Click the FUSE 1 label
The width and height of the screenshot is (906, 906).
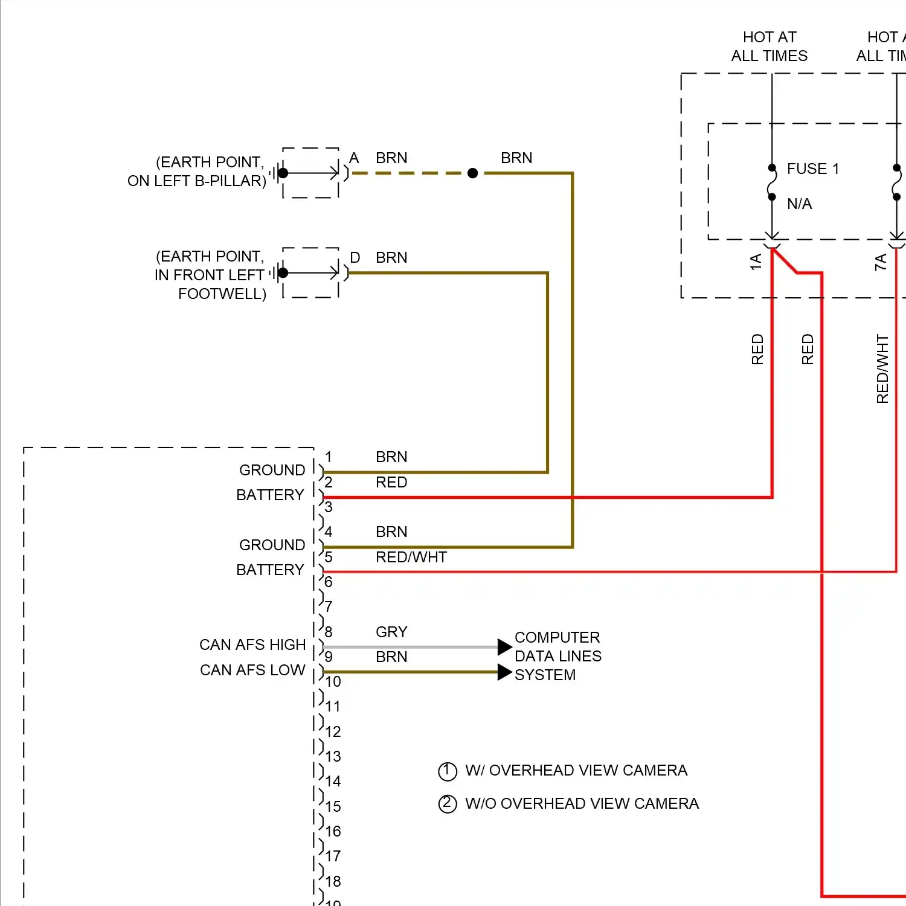coord(813,169)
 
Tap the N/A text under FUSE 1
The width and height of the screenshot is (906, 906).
coord(800,204)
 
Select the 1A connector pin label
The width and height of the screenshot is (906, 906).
coord(755,262)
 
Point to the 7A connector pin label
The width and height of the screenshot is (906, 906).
coord(881,262)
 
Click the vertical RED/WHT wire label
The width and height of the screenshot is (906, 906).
coord(882,369)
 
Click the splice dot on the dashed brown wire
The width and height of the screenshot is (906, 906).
coord(473,173)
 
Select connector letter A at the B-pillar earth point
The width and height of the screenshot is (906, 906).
coord(355,158)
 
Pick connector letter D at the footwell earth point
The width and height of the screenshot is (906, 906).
coord(355,258)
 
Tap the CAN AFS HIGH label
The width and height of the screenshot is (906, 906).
coord(252,645)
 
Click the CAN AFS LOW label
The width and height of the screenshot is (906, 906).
coord(252,670)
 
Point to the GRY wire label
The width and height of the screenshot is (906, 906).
coord(391,632)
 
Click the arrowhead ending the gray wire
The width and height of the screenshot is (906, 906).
coord(505,647)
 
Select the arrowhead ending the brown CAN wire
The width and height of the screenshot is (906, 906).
coord(505,672)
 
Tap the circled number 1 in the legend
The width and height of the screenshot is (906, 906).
coord(448,771)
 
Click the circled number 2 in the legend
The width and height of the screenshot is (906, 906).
coord(448,805)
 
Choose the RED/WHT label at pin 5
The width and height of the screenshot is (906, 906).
coord(411,557)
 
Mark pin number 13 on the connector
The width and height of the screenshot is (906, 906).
coord(333,757)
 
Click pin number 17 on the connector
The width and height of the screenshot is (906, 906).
coord(333,856)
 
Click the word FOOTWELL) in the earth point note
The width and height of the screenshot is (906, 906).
coord(222,294)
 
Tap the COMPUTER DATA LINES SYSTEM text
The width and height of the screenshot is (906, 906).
coord(558,656)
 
